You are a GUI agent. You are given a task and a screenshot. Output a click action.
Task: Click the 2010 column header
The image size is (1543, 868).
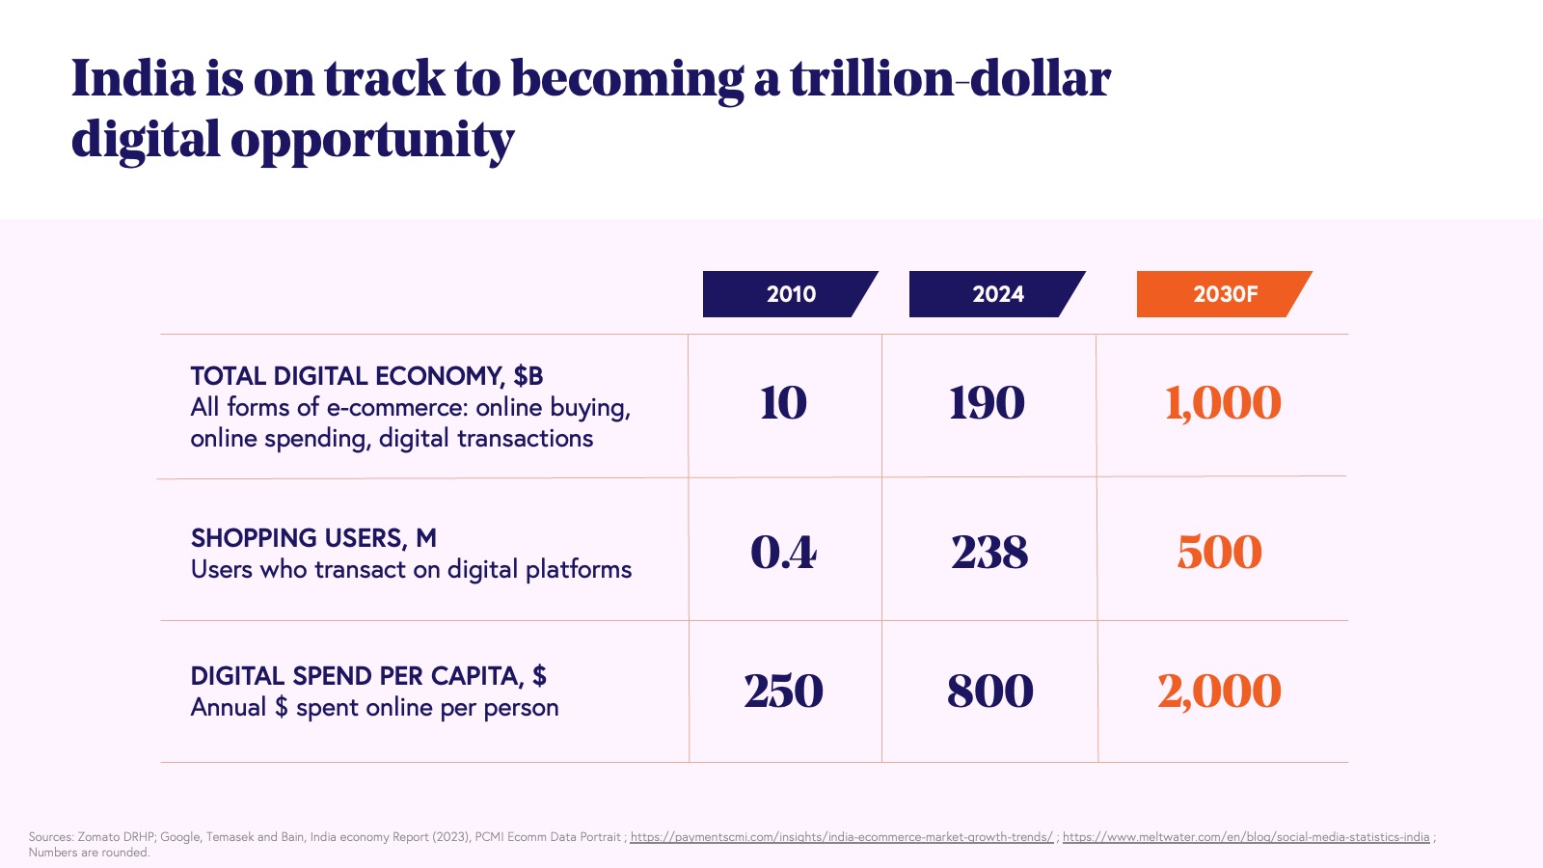pyautogui.click(x=790, y=294)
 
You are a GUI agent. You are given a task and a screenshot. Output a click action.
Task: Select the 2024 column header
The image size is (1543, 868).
pyautogui.click(x=997, y=294)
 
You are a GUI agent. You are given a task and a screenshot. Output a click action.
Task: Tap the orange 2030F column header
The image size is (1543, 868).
pyautogui.click(x=1224, y=294)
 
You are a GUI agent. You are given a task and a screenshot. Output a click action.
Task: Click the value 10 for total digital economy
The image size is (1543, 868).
pyautogui.click(x=783, y=403)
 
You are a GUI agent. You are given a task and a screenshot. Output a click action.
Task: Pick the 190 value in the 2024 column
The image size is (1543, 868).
pyautogui.click(x=987, y=403)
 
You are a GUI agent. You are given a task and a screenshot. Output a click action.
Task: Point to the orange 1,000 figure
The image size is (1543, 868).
pyautogui.click(x=1223, y=403)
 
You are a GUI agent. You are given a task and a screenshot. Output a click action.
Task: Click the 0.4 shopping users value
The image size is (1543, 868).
pyautogui.click(x=783, y=553)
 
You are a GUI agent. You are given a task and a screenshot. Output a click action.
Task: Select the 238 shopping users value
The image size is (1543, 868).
pyautogui.click(x=989, y=553)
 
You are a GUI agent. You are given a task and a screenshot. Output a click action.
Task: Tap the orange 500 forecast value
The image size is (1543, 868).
pyautogui.click(x=1219, y=553)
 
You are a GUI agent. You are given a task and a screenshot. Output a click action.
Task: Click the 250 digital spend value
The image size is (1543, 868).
pyautogui.click(x=783, y=692)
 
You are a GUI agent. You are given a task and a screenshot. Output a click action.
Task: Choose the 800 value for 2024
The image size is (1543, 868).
pyautogui.click(x=989, y=692)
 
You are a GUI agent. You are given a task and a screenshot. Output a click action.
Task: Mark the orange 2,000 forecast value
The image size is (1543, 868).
pyautogui.click(x=1219, y=692)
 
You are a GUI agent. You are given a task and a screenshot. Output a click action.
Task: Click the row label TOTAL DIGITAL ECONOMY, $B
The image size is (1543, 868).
pyautogui.click(x=366, y=376)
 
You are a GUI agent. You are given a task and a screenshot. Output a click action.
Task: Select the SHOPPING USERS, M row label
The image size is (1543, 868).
pyautogui.click(x=313, y=538)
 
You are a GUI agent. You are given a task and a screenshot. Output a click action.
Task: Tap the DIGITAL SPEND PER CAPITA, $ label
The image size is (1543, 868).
pyautogui.click(x=368, y=676)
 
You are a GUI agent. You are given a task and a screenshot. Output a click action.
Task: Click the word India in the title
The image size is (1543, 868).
pyautogui.click(x=133, y=79)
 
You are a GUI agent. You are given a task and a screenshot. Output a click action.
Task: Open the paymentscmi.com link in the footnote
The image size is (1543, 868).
pyautogui.click(x=841, y=837)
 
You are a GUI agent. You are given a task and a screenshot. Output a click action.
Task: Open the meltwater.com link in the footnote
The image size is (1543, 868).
pyautogui.click(x=1246, y=837)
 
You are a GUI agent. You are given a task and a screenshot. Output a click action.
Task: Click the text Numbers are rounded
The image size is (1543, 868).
pyautogui.click(x=89, y=853)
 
